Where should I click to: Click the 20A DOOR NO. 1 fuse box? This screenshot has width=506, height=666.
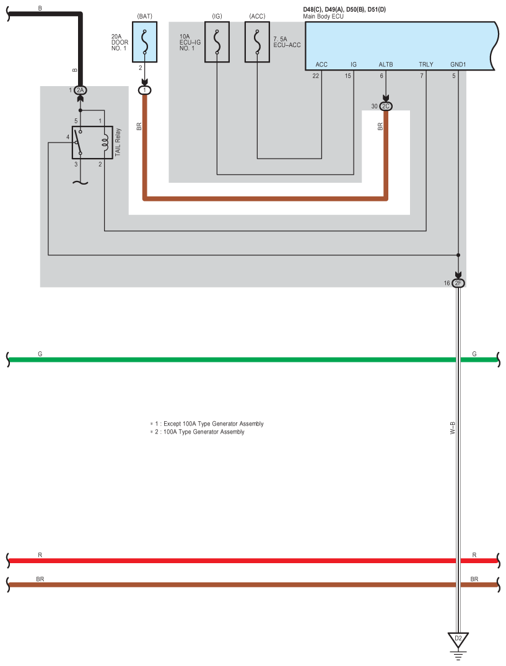[x=144, y=42]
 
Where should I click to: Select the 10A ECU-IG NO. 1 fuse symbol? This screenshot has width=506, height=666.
[x=217, y=42]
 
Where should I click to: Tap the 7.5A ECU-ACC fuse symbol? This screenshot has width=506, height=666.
[x=257, y=42]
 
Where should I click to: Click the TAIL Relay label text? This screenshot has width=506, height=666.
[x=118, y=142]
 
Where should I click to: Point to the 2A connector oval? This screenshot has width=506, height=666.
[x=81, y=90]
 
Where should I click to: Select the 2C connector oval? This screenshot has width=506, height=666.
[x=385, y=106]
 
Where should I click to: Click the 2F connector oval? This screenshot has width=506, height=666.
[x=458, y=283]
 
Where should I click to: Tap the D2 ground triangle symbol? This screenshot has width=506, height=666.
[x=458, y=640]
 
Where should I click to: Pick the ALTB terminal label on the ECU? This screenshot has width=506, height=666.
[x=385, y=64]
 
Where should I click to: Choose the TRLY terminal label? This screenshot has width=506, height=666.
[x=425, y=64]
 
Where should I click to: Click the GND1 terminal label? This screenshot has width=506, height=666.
[x=458, y=64]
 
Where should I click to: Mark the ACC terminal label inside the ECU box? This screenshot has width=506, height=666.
[x=321, y=64]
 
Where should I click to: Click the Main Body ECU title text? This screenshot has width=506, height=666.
[x=323, y=17]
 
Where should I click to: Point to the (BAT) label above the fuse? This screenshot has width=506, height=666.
[x=145, y=16]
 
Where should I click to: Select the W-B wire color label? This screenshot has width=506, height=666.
[x=453, y=427]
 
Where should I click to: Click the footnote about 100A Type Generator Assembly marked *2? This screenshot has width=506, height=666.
[x=198, y=432]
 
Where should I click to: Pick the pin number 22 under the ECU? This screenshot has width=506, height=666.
[x=315, y=76]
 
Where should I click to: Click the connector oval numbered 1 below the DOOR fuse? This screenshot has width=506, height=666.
[x=144, y=90]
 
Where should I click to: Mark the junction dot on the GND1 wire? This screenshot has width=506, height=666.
[x=458, y=255]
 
